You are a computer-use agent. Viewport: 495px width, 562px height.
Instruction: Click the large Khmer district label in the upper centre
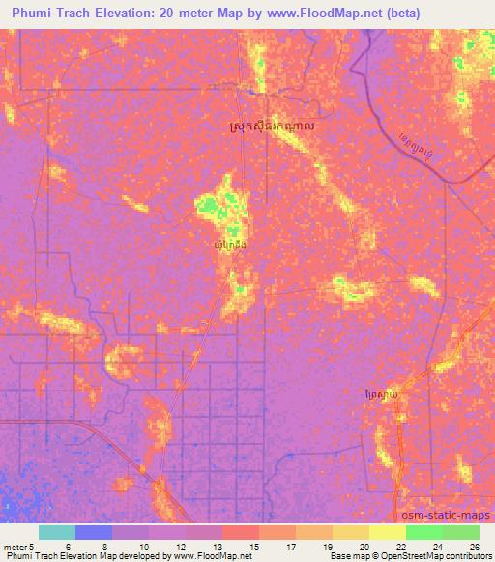(x=273, y=126)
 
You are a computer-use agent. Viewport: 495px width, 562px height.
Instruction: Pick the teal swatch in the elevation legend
(x=56, y=532)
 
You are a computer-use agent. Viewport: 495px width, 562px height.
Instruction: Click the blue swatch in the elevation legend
(x=93, y=532)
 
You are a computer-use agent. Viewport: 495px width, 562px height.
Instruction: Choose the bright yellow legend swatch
(x=387, y=532)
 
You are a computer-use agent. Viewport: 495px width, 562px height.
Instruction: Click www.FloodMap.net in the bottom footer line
(x=203, y=556)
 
